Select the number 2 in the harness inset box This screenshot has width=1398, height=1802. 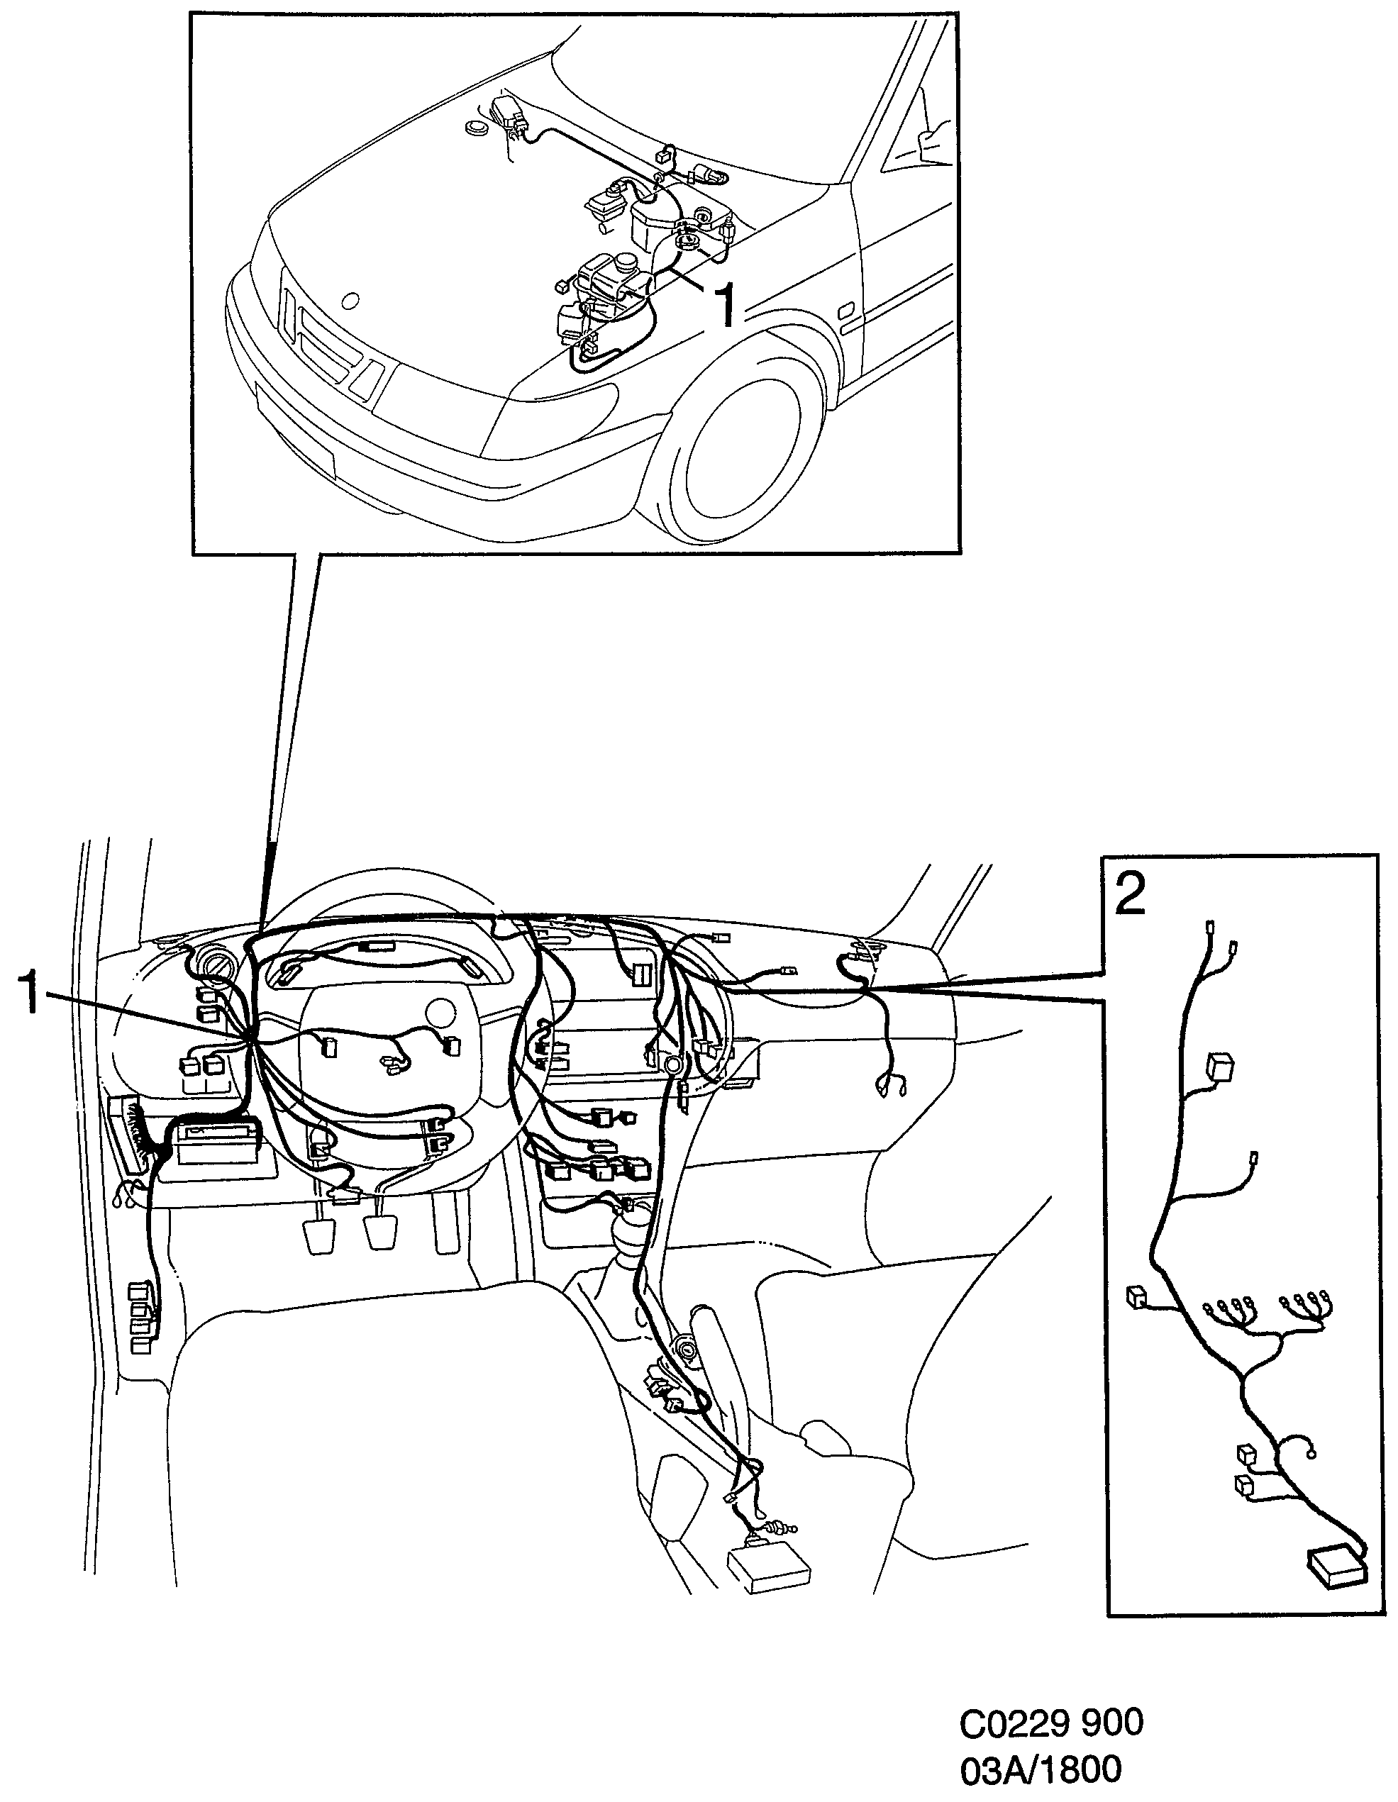click(1129, 894)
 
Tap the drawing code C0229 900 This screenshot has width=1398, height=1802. click(1051, 1722)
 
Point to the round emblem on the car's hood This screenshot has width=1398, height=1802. click(350, 301)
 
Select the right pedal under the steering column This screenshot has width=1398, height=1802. click(382, 1232)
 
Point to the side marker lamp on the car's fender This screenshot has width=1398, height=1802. click(847, 311)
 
